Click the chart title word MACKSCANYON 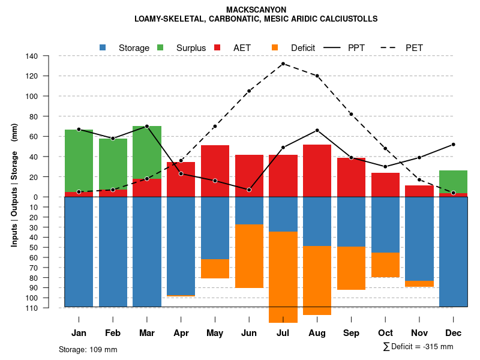pos(256,10)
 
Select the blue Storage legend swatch pos(103,47)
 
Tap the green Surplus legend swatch pos(160,47)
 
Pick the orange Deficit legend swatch pos(275,47)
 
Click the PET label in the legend pos(415,47)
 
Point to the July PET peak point pos(283,64)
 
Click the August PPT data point pos(317,130)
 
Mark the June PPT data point pos(249,190)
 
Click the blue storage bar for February pos(113,252)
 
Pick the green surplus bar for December pos(454,182)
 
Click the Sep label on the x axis pos(352,333)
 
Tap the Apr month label pos(181,333)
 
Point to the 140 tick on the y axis pos(32,56)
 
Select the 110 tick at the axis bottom pos(32,308)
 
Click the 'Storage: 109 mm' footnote pos(88,349)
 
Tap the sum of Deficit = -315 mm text pos(418,347)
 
